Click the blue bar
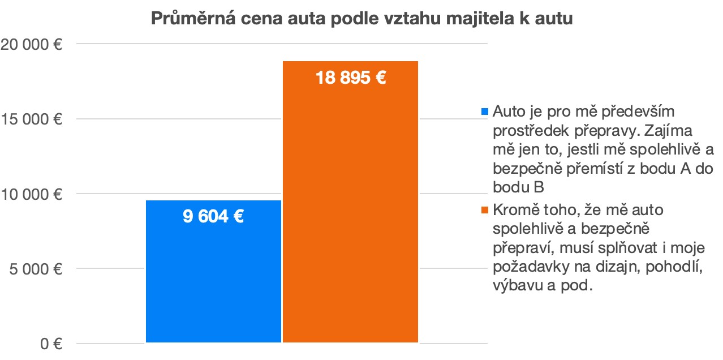coord(213,272)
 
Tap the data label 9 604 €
coord(213,217)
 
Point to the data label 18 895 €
coord(351,78)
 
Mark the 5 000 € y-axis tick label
coord(35,269)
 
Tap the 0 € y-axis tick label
coord(50,344)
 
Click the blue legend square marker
coord(484,111)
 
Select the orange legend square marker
coord(484,211)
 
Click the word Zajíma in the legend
coord(676,130)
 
